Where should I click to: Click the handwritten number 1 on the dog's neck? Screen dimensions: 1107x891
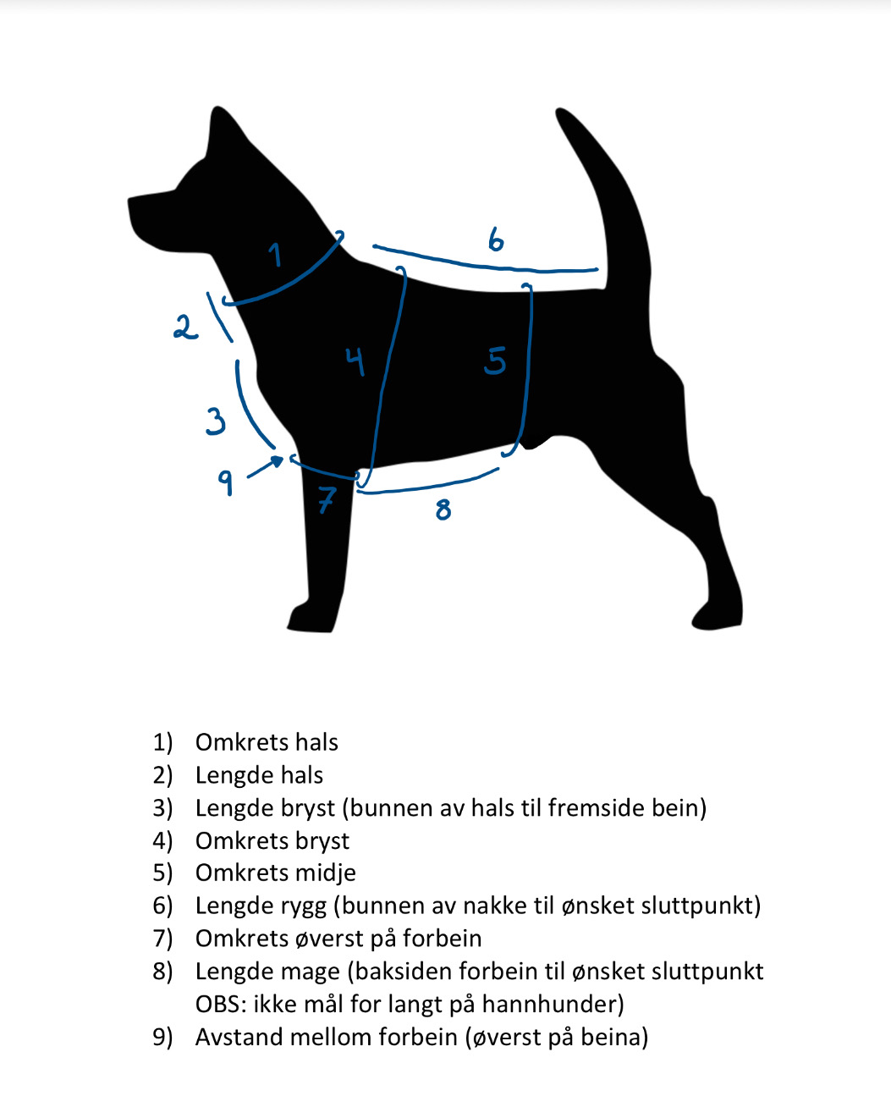[x=275, y=253]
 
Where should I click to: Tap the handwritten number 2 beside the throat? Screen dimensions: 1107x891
[x=184, y=327]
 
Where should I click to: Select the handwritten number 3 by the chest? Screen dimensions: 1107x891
[x=216, y=420]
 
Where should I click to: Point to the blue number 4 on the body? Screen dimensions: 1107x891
[x=355, y=361]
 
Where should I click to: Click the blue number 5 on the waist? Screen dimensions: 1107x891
[x=495, y=361]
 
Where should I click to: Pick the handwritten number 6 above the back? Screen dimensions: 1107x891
[x=496, y=240]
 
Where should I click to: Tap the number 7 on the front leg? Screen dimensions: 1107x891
[x=327, y=499]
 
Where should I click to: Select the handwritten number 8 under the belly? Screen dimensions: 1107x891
[x=443, y=509]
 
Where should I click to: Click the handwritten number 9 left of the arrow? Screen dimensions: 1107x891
[x=225, y=482]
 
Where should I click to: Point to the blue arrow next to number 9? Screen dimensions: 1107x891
[x=267, y=467]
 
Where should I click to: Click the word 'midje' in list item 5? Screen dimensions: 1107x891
[x=322, y=873]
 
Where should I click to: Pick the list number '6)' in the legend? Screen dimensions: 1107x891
[x=162, y=906]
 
